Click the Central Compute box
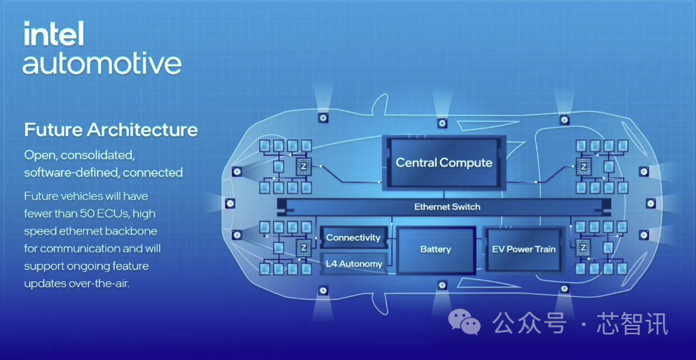(444, 163)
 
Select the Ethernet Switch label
(447, 207)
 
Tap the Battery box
(435, 250)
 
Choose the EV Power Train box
(523, 250)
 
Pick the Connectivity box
(353, 237)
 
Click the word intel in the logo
(54, 34)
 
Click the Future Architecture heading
(110, 130)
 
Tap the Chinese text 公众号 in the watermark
(529, 323)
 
